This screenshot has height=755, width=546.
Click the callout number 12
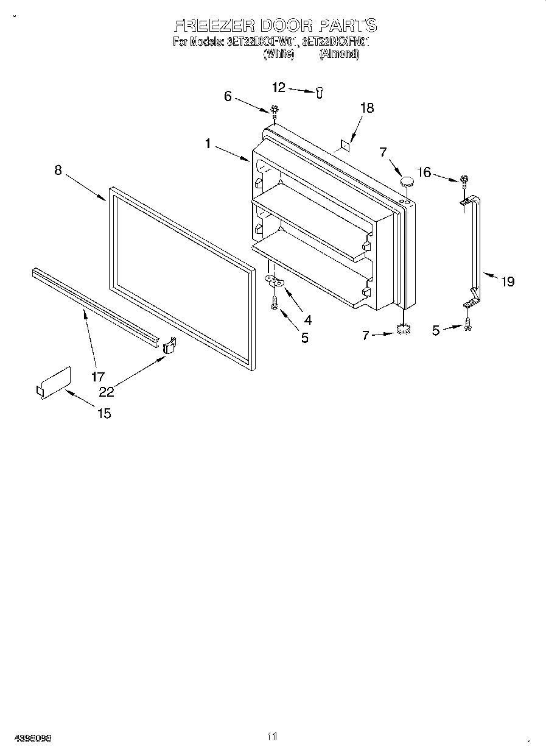(x=278, y=88)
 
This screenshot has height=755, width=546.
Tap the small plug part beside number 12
(x=320, y=91)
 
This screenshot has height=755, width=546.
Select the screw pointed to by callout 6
(x=275, y=110)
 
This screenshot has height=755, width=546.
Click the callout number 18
(x=366, y=108)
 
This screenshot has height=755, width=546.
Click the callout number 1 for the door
(x=208, y=144)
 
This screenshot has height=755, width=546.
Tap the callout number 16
(x=424, y=172)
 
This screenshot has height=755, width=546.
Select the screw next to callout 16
(x=464, y=180)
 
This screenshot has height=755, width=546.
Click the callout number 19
(x=507, y=281)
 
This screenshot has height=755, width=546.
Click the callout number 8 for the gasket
(x=58, y=170)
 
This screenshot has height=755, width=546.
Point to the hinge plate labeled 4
(x=275, y=281)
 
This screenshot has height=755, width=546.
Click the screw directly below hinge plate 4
(x=275, y=302)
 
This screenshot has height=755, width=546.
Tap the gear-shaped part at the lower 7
(x=402, y=330)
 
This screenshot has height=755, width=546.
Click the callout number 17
(x=98, y=377)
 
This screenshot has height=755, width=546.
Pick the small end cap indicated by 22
(x=169, y=345)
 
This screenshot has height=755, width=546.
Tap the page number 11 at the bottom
(x=272, y=736)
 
